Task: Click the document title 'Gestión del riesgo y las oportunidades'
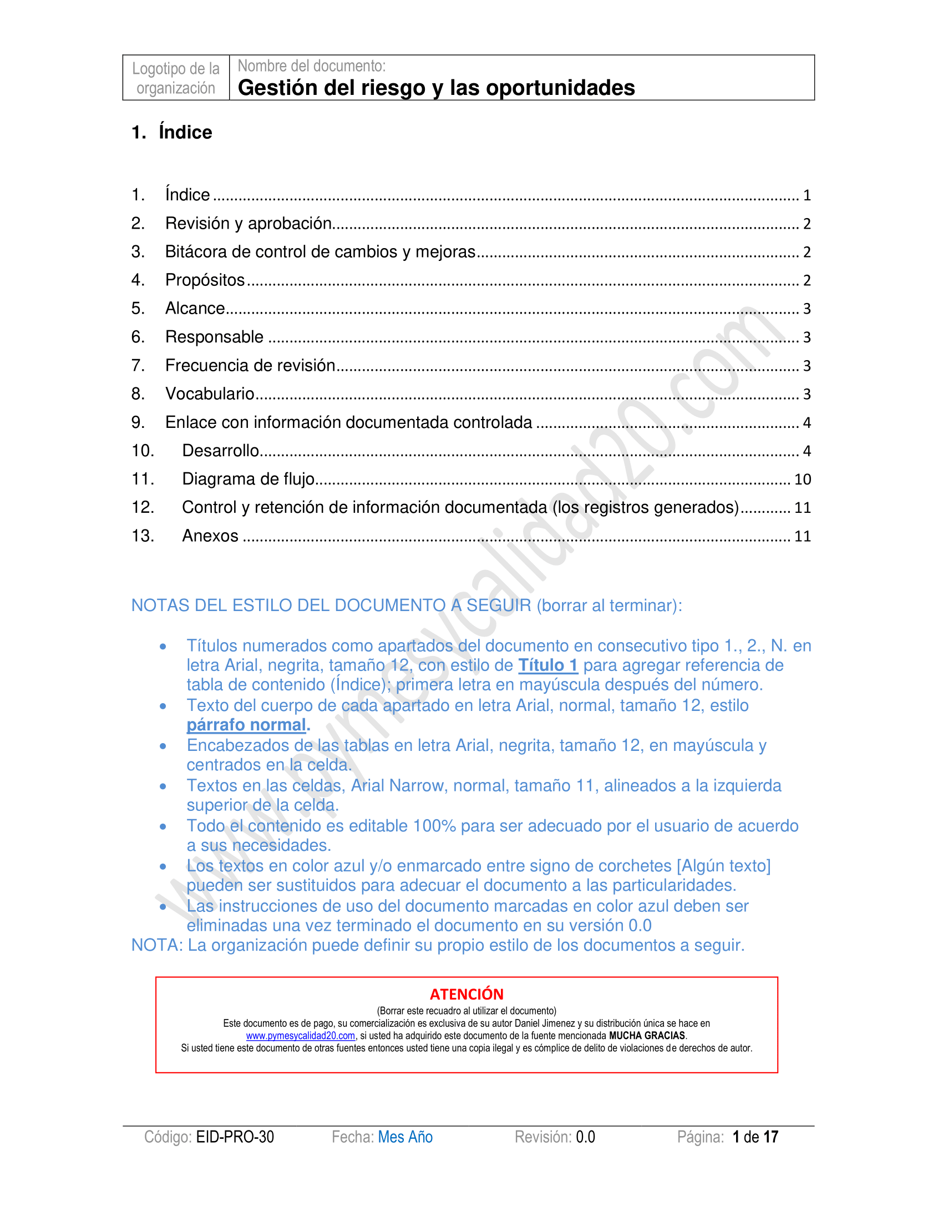pos(436,88)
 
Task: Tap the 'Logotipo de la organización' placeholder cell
pos(175,78)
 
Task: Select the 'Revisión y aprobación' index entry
pos(249,224)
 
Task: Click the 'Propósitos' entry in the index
pos(205,280)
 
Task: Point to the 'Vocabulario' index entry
pos(210,394)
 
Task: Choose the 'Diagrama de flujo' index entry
pos(248,479)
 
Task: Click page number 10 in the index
pos(802,480)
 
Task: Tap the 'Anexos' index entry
pos(210,536)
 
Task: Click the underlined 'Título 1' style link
pos(547,665)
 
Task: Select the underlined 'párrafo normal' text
pos(246,725)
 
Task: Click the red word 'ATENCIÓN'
pos(467,994)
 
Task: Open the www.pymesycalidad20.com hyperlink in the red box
pos(301,1036)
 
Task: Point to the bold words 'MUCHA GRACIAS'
pos(647,1036)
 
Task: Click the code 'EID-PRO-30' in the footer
pos(235,1137)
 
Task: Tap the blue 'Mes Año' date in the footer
pos(405,1137)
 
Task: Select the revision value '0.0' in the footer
pos(585,1137)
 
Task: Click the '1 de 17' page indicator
pos(756,1137)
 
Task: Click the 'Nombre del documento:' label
pos(312,66)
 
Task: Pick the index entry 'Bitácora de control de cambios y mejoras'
pos(320,252)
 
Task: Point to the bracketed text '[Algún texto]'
pos(723,866)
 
